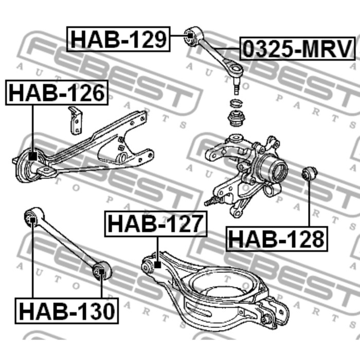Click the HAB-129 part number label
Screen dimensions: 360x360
pyautogui.click(x=118, y=39)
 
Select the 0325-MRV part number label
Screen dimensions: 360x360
pyautogui.click(x=297, y=49)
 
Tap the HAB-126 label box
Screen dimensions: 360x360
pyautogui.click(x=57, y=93)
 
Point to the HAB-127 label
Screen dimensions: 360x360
pyautogui.click(x=156, y=224)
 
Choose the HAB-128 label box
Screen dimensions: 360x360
pyautogui.click(x=277, y=239)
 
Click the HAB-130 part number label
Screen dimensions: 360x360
pyautogui.click(x=66, y=311)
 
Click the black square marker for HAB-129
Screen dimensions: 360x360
pyautogui.click(x=190, y=36)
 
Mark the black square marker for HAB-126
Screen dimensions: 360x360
pyautogui.click(x=32, y=156)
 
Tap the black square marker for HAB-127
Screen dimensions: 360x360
pyautogui.click(x=157, y=265)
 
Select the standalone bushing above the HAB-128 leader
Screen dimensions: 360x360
pyautogui.click(x=310, y=174)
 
